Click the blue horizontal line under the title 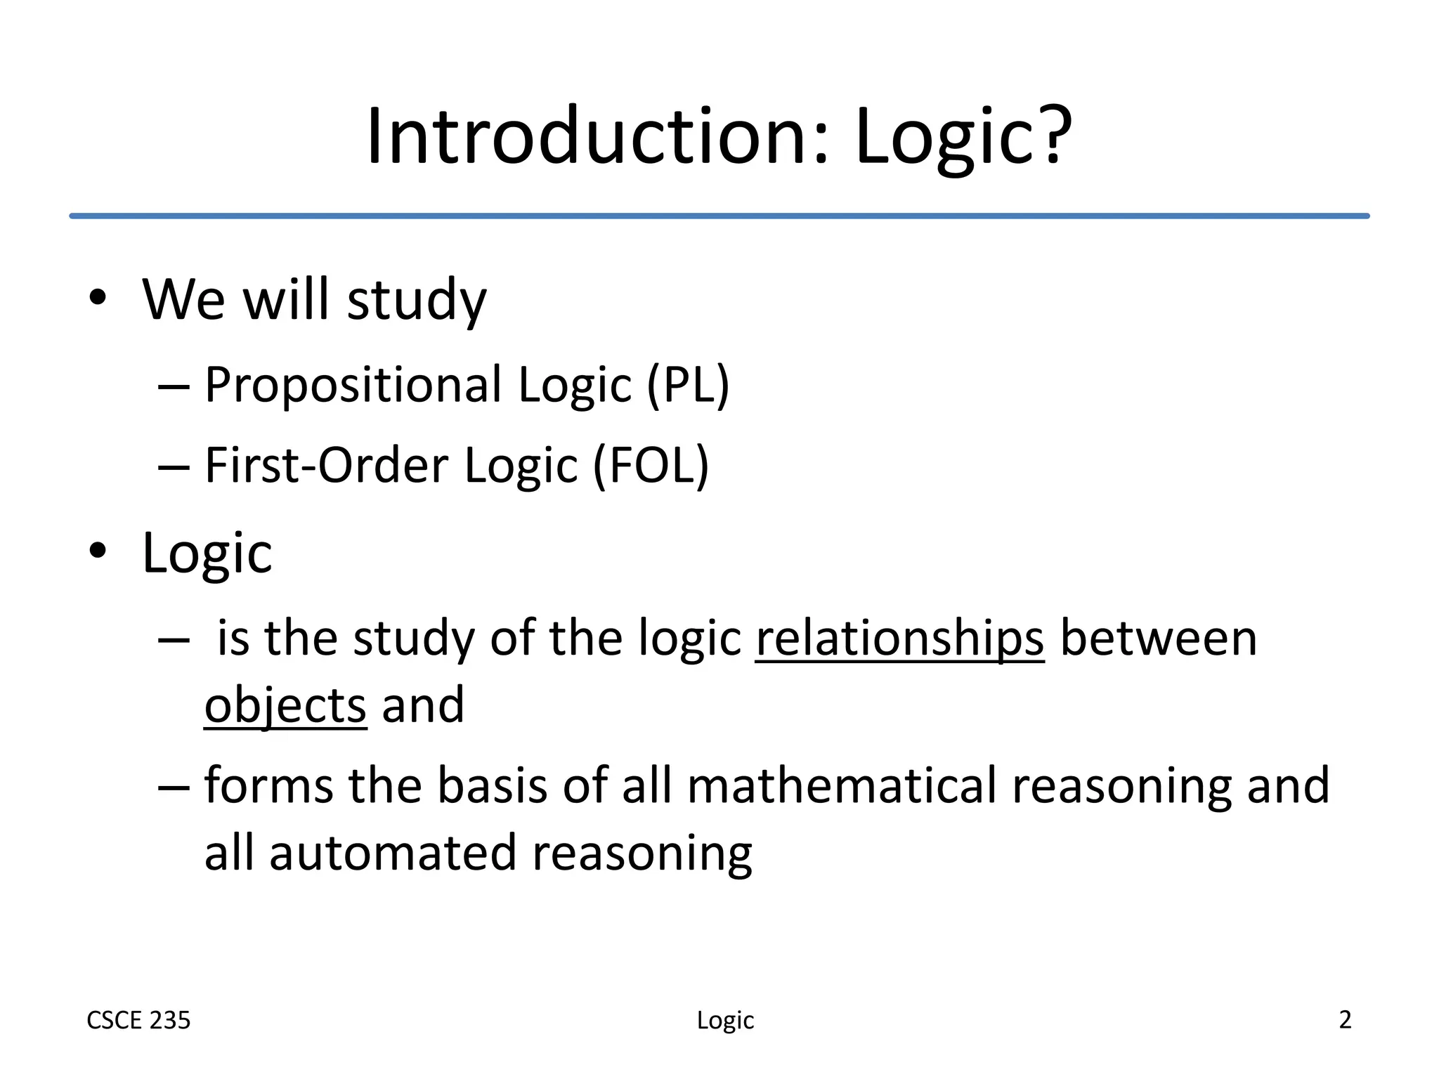tap(719, 216)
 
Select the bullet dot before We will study tap(98, 298)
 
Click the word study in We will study tap(417, 299)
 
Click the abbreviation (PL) tap(688, 385)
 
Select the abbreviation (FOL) tap(651, 465)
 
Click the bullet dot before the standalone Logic tap(98, 551)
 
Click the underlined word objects tap(285, 705)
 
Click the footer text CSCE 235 tap(138, 1020)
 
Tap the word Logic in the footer tap(725, 1021)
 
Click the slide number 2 tap(1345, 1019)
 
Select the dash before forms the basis tap(174, 787)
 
